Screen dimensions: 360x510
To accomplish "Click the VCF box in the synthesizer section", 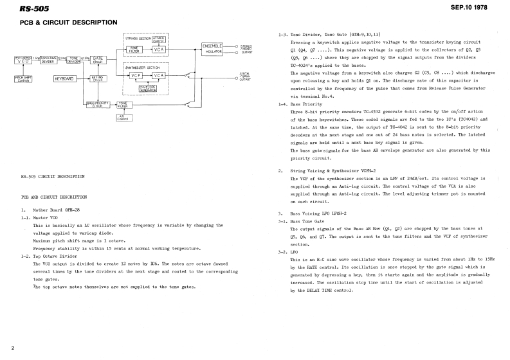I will [133, 75].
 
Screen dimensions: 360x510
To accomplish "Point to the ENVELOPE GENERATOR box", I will [158, 87].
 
